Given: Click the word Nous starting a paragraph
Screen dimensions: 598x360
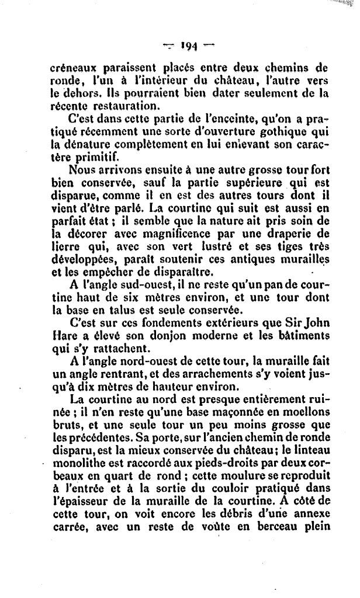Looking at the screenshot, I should point(84,171).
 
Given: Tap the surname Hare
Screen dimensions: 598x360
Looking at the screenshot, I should point(63,336).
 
